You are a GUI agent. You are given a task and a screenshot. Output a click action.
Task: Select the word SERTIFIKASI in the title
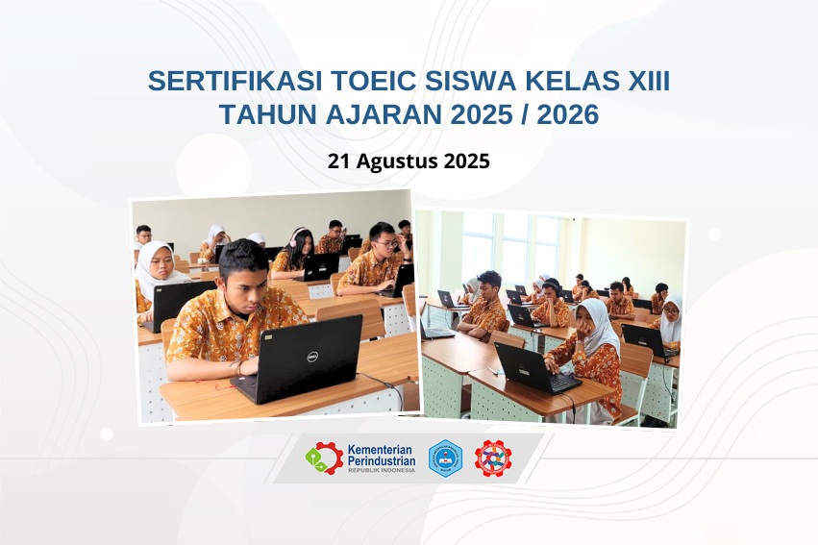pyautogui.click(x=235, y=81)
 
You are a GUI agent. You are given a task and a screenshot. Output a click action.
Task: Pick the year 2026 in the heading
pyautogui.click(x=567, y=114)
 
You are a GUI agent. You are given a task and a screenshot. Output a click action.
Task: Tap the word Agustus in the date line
pyautogui.click(x=397, y=161)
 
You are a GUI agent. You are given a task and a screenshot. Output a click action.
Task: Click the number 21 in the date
pyautogui.click(x=339, y=161)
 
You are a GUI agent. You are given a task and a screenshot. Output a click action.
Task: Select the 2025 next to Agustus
pyautogui.click(x=466, y=161)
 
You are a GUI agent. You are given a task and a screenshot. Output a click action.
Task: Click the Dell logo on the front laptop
pyautogui.click(x=312, y=358)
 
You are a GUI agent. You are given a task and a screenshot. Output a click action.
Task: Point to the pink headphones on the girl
pyautogui.click(x=294, y=236)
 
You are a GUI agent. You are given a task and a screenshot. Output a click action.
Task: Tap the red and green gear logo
pyautogui.click(x=325, y=458)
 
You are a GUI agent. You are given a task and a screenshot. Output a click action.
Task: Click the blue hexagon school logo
pyautogui.click(x=445, y=458)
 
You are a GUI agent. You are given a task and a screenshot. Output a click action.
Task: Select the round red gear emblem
pyautogui.click(x=493, y=458)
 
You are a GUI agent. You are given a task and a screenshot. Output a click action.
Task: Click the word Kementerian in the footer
pyautogui.click(x=380, y=450)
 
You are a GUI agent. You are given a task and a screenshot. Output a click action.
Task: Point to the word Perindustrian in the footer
pyautogui.click(x=382, y=461)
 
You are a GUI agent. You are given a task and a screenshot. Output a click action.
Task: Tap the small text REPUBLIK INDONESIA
pyautogui.click(x=382, y=470)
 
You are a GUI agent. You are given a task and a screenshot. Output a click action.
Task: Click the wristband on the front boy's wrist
pyautogui.click(x=239, y=368)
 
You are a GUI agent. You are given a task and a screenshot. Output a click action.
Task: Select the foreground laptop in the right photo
pyautogui.click(x=537, y=368)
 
